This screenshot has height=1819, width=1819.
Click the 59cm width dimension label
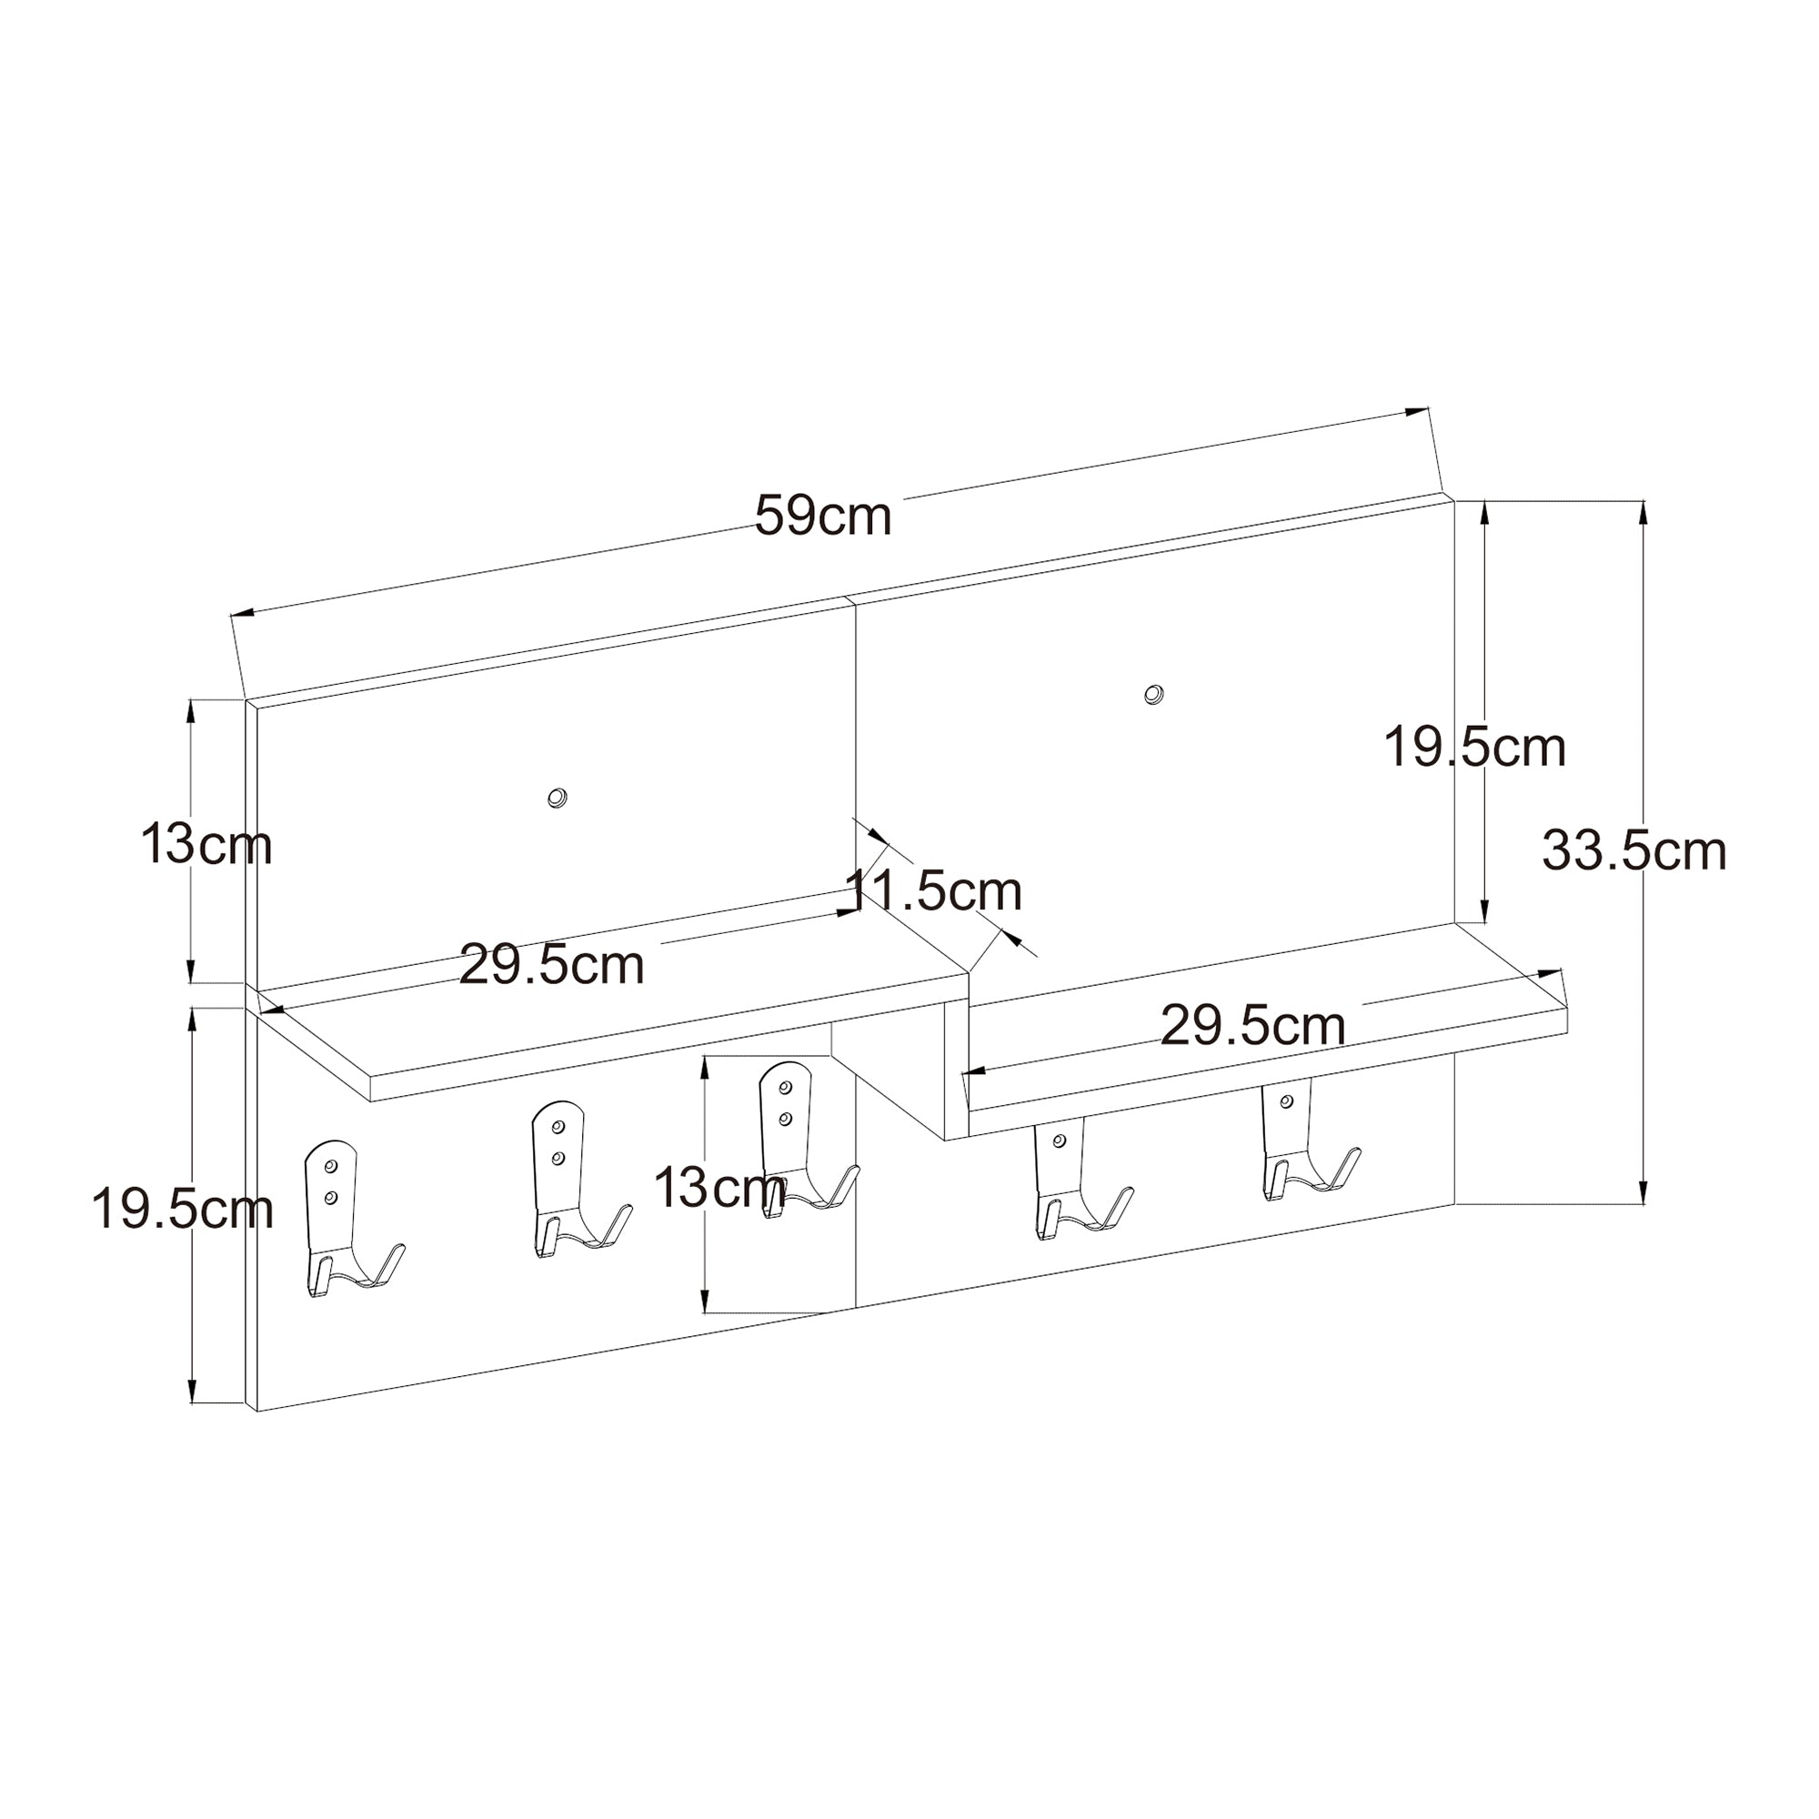click(823, 516)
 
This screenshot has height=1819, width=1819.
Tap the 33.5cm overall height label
click(1633, 851)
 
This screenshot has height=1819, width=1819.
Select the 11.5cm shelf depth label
click(934, 890)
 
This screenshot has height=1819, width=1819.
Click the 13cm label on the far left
click(206, 844)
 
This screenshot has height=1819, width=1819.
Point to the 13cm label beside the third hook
click(719, 1187)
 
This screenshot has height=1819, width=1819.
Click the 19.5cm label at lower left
click(182, 1209)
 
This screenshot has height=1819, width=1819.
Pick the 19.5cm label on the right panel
click(1474, 749)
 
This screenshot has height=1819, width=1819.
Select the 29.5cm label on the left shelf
click(552, 965)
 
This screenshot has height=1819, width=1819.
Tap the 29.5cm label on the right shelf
click(1252, 1025)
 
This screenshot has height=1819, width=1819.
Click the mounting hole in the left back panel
click(558, 799)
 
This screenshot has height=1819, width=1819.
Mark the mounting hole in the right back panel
click(1152, 695)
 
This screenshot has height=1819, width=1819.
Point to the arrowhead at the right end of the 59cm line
click(1416, 411)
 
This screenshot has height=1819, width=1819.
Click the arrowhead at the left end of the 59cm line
click(243, 613)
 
